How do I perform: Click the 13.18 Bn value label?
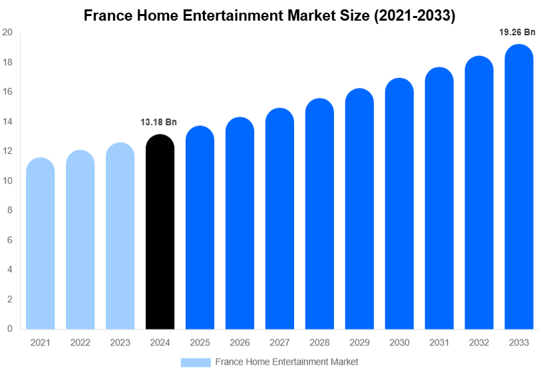(x=158, y=122)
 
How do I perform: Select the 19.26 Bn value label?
(x=517, y=31)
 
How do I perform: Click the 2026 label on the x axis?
(x=240, y=342)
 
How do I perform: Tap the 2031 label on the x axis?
(x=439, y=342)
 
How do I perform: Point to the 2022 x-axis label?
(x=81, y=342)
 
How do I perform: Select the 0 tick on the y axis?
(x=9, y=329)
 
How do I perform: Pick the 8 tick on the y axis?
(x=9, y=210)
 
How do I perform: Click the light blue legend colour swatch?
(x=196, y=362)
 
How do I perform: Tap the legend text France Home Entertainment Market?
(x=286, y=362)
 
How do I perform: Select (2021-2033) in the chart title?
(x=415, y=15)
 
